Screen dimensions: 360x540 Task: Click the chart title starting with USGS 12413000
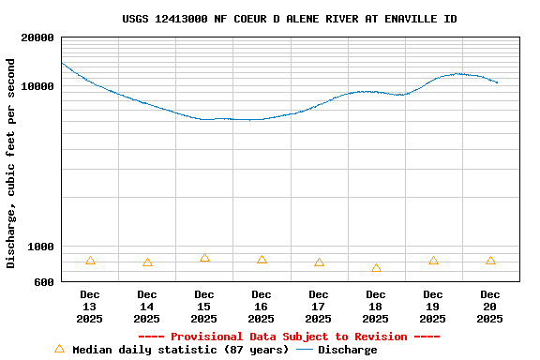pos(290,19)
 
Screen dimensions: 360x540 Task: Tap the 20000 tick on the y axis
pos(37,37)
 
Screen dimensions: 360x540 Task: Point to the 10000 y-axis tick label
pos(37,86)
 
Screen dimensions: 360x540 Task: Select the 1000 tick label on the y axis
pos(41,247)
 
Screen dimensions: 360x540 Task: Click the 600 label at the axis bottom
pos(44,281)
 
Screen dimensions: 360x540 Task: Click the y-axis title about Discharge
pos(11,163)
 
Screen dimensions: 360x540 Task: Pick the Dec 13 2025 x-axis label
pos(90,307)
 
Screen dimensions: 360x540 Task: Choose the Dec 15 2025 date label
pos(204,307)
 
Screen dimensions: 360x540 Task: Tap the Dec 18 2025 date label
pos(376,307)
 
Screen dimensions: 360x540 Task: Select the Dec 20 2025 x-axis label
pos(490,307)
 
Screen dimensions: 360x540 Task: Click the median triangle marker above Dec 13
pos(90,261)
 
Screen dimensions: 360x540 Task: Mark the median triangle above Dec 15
pos(204,258)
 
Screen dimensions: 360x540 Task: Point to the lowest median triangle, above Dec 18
pos(376,268)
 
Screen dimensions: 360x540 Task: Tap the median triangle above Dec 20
pos(490,261)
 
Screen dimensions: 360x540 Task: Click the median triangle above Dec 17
pos(319,262)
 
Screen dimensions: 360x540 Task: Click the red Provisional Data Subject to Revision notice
pos(289,337)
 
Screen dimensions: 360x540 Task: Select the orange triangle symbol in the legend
pos(59,349)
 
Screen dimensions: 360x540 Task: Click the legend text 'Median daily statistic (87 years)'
pos(181,350)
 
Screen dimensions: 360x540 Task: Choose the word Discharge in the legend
pos(347,350)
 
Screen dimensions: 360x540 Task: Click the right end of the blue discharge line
pos(497,82)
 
